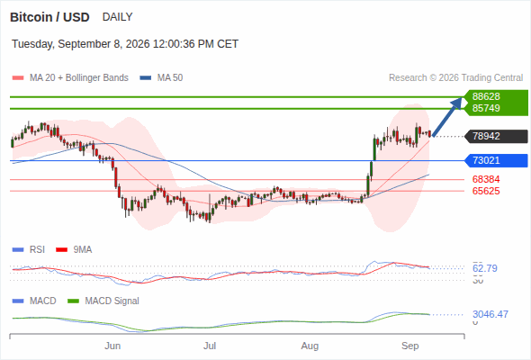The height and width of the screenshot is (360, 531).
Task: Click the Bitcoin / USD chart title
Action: click(x=49, y=17)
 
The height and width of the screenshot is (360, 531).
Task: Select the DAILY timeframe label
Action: click(x=118, y=17)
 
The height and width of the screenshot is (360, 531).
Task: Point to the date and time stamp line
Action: click(x=125, y=44)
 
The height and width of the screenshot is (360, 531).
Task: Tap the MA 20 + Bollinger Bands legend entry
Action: click(x=70, y=78)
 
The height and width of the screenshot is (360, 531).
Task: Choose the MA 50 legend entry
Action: click(x=161, y=78)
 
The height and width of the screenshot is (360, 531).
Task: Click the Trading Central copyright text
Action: click(x=455, y=78)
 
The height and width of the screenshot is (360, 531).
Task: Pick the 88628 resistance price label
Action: click(x=486, y=96)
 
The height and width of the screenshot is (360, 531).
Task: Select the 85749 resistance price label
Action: click(x=486, y=108)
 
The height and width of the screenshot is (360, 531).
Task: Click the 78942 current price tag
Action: click(x=496, y=136)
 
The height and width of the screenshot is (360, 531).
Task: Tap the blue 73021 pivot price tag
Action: click(x=496, y=160)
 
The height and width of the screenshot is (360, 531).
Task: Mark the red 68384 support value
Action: click(x=486, y=179)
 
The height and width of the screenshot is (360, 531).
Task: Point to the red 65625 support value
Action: click(x=486, y=191)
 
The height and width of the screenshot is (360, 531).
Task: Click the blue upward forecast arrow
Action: click(x=447, y=117)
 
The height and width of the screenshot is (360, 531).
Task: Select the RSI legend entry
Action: click(x=29, y=250)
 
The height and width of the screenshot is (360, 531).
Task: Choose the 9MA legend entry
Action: click(x=74, y=250)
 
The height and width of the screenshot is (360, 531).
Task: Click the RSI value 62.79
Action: click(x=485, y=268)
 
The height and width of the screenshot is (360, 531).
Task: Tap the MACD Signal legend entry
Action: click(x=103, y=301)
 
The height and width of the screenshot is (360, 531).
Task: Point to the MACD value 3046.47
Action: click(x=490, y=314)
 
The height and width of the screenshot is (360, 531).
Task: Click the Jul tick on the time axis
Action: click(x=210, y=346)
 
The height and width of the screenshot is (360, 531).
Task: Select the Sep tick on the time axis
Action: click(x=409, y=346)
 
